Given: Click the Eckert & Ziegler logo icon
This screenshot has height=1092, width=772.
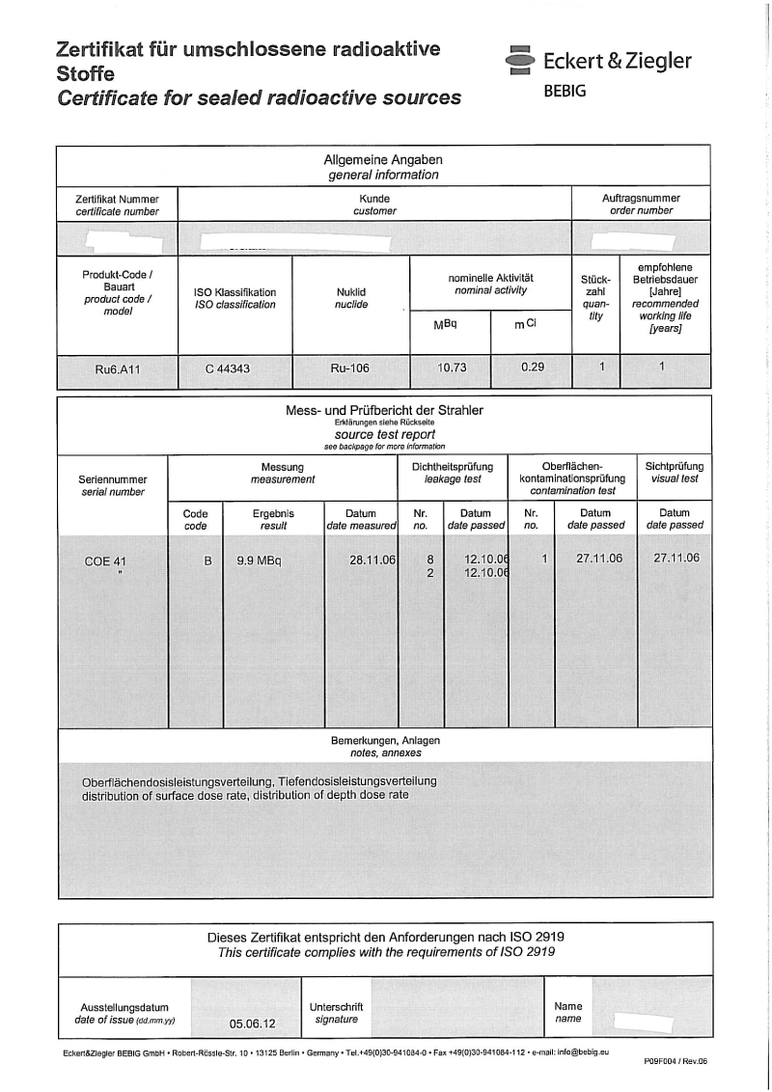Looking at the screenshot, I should click(x=519, y=60).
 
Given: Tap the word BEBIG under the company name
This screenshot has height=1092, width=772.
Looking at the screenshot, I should click(x=565, y=91).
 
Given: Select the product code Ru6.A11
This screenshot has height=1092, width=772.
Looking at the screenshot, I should click(x=117, y=368).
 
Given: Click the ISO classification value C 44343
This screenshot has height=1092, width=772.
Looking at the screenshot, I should click(x=234, y=368).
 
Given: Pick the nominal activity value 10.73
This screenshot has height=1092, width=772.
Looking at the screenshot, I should click(x=449, y=368).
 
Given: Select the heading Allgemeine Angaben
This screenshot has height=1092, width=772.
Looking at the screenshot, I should click(x=383, y=160).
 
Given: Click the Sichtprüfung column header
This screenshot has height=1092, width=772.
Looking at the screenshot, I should click(x=675, y=466).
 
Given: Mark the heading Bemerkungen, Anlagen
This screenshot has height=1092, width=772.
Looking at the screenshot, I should click(x=385, y=740).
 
